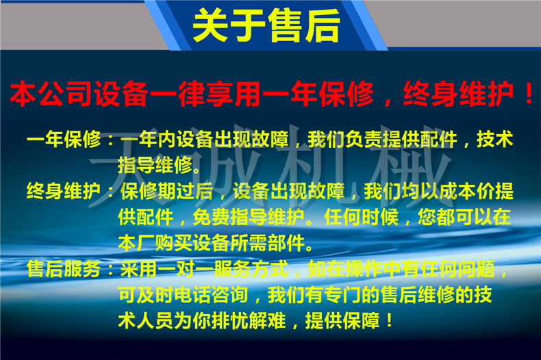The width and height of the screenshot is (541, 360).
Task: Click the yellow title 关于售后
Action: tap(266, 25)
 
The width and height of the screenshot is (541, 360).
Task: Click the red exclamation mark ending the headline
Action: tap(529, 93)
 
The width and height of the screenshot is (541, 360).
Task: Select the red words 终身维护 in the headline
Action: tap(459, 94)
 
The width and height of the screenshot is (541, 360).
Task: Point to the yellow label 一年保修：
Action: tap(71, 140)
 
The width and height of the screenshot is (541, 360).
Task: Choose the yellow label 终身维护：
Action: tap(71, 191)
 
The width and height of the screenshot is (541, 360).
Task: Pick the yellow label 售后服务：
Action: tap(71, 269)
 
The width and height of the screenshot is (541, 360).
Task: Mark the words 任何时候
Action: tap(362, 217)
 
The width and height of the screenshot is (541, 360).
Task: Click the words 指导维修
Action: tap(155, 165)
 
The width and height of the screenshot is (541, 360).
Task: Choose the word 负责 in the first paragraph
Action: tap(364, 140)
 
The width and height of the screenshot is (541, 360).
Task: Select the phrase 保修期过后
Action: tap(167, 191)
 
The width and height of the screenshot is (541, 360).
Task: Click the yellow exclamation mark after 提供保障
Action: tap(389, 321)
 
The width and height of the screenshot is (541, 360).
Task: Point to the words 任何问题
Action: tap(458, 269)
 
